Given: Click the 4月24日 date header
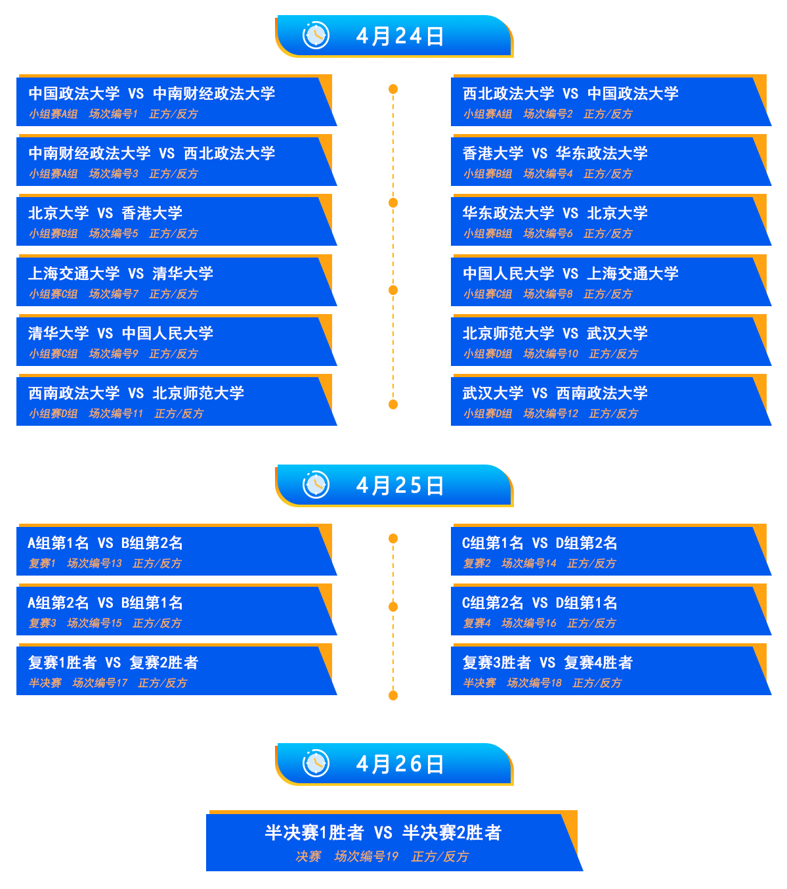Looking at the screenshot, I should pyautogui.click(x=399, y=36).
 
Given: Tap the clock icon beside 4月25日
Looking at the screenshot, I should pyautogui.click(x=316, y=485).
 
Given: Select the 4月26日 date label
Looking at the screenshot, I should pyautogui.click(x=399, y=764).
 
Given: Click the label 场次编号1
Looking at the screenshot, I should pyautogui.click(x=113, y=114).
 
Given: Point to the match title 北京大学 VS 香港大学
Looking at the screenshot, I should pyautogui.click(x=105, y=214).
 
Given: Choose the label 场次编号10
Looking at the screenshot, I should pyautogui.click(x=550, y=354).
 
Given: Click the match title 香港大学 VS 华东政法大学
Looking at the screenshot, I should pyautogui.click(x=555, y=154).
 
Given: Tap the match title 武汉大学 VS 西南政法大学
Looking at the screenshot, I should pyautogui.click(x=555, y=394).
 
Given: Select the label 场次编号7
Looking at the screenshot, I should pyautogui.click(x=113, y=294).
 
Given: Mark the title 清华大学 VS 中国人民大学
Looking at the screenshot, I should pyautogui.click(x=120, y=334).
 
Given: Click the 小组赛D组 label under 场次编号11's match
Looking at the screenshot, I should pyautogui.click(x=53, y=414).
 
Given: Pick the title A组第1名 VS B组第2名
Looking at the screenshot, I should pyautogui.click(x=105, y=543).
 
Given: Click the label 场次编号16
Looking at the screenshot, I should pyautogui.click(x=528, y=624).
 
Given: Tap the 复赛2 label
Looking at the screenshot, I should pyautogui.click(x=477, y=564).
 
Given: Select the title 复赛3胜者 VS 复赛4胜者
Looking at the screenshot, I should pyautogui.click(x=547, y=663).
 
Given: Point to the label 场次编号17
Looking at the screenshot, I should pyautogui.click(x=99, y=683).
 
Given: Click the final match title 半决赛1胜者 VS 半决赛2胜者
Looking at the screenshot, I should pyautogui.click(x=383, y=833).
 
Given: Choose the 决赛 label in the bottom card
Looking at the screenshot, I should pyautogui.click(x=308, y=857).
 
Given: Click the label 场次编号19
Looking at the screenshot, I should pyautogui.click(x=366, y=857).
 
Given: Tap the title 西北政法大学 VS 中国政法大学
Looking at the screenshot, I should pyautogui.click(x=570, y=94).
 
